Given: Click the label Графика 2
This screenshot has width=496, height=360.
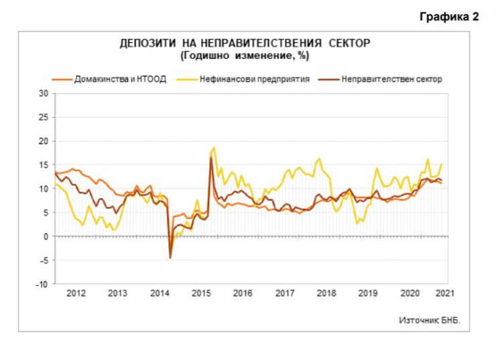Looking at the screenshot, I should [x=449, y=17].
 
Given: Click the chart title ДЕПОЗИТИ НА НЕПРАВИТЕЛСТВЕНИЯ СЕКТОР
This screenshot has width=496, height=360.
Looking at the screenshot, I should [x=245, y=44].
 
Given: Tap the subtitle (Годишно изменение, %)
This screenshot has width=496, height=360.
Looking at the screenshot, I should [x=245, y=54].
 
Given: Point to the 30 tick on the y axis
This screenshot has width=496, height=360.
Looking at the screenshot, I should [x=45, y=93].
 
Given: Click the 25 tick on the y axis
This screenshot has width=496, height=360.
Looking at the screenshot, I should [x=45, y=117].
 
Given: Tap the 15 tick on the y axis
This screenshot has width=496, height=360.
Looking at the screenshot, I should [x=45, y=165].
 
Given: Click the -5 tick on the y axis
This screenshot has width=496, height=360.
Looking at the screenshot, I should [x=45, y=261].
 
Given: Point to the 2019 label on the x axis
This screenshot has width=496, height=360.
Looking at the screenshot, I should [x=367, y=294].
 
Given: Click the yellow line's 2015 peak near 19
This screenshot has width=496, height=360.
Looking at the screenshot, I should [x=214, y=147].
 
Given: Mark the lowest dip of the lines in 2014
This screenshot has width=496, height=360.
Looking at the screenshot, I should [x=170, y=257].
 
